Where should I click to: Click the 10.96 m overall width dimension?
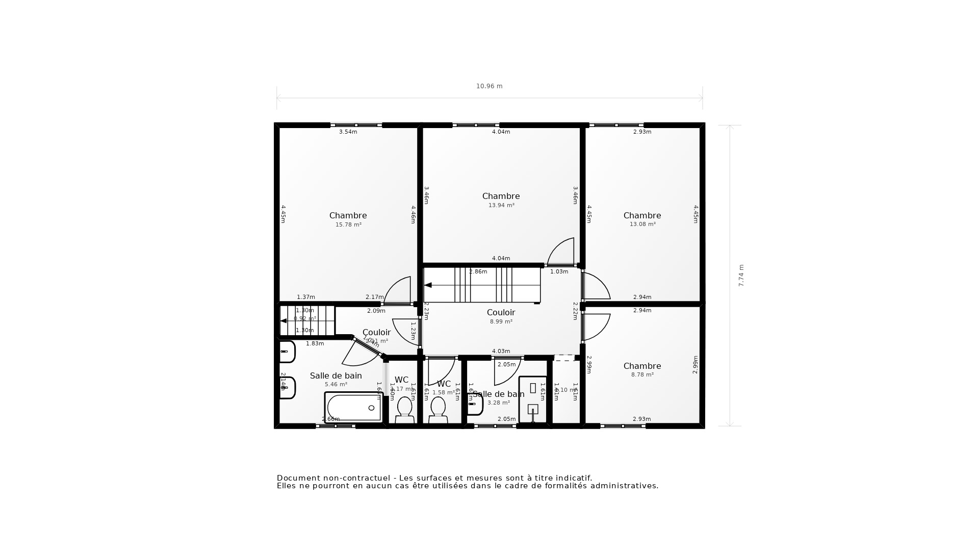point(489,86)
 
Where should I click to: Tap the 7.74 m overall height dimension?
point(741,275)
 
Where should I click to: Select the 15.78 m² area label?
point(348,225)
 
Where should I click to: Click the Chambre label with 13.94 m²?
point(501,196)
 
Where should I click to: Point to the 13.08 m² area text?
point(642,224)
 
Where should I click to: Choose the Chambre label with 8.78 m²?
point(642,366)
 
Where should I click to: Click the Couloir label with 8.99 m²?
point(501,313)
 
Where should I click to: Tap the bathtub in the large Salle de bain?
point(353,408)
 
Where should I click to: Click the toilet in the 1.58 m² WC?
point(437,410)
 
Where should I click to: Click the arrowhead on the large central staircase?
point(428,285)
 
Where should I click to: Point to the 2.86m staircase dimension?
point(478,272)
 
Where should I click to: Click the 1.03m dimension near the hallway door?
point(559,272)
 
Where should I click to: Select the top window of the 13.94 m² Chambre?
point(476,125)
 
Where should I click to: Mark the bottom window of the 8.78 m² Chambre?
point(623,426)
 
